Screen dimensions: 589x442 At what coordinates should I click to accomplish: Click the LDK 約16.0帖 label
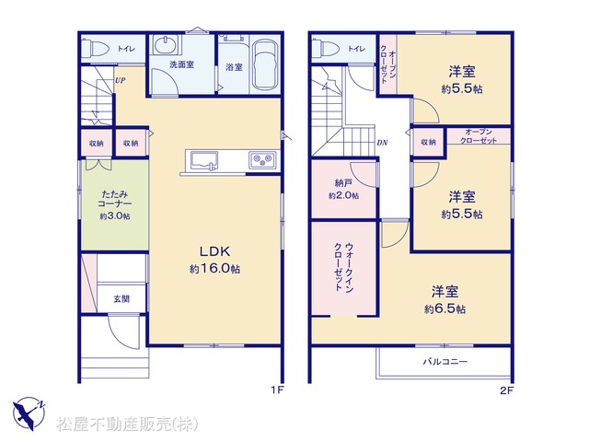214,260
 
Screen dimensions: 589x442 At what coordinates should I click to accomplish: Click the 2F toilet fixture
325,48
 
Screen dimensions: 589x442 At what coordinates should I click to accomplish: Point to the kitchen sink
204,160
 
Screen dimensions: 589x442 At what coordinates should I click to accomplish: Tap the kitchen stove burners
262,159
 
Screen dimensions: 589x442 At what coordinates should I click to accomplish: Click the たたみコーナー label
115,199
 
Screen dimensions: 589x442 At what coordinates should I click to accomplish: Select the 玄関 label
121,298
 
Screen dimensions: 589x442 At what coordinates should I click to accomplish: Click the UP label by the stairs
121,80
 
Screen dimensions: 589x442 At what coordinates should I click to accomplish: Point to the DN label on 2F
383,143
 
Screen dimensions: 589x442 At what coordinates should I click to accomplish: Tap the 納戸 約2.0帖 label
343,189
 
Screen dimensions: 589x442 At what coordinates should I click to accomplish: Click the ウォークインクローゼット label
343,267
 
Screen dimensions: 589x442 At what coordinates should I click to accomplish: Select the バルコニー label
445,362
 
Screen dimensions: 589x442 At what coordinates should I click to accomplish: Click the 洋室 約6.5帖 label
445,300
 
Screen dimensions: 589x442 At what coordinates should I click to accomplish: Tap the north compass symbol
29,413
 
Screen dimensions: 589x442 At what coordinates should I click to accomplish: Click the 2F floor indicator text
506,390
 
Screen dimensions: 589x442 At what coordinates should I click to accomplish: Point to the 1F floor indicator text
277,390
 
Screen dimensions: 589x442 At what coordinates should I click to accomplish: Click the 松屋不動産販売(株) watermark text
127,425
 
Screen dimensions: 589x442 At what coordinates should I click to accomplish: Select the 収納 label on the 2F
428,142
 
